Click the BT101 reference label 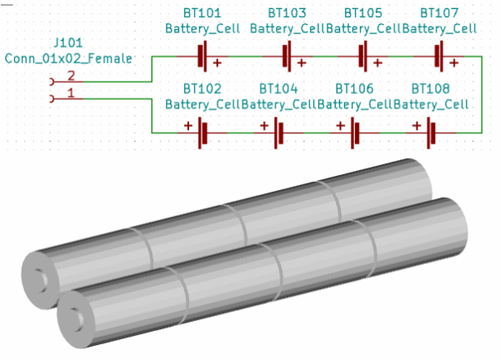click(202, 13)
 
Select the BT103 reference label click(287, 13)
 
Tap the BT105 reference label click(362, 13)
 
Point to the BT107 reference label click(439, 13)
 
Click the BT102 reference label click(202, 88)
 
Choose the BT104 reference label click(278, 88)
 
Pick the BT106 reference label click(354, 88)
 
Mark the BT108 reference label click(431, 88)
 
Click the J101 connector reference click(68, 42)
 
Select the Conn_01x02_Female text click(68, 58)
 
